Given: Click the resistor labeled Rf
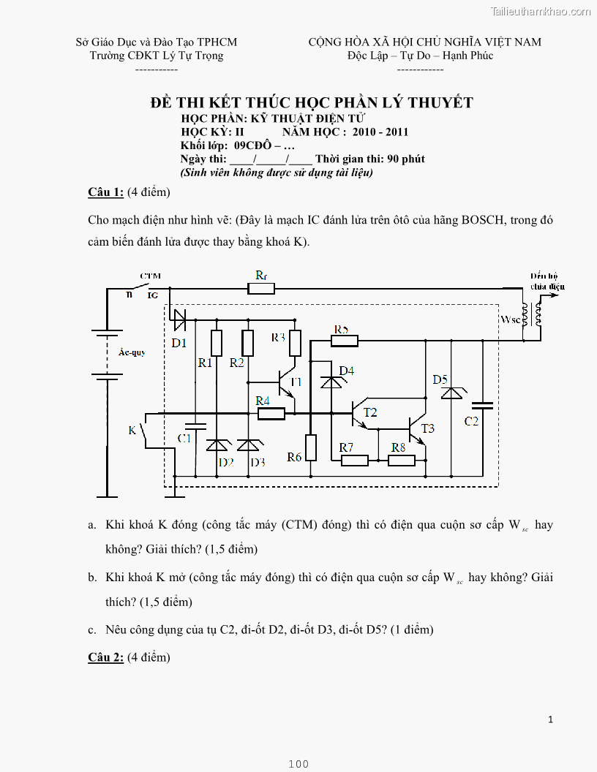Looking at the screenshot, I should pos(261,288).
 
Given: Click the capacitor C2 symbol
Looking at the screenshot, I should pos(482,404).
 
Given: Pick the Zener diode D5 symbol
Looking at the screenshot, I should pos(451,393).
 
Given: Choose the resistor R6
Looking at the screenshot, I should pos(311,447).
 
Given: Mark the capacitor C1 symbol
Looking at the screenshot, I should pos(195,425).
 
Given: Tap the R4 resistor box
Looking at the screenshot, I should pos(271,414).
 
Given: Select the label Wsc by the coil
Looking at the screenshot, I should pos(510,319).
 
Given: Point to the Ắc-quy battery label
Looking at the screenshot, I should pos(132,352).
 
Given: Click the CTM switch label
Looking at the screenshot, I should pos(150,276).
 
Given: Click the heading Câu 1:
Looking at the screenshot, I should pos(105,192).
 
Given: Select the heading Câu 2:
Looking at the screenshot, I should pos(105,657).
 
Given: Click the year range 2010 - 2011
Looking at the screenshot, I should pos(380,132).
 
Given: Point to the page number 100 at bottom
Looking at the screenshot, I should pos(298,764).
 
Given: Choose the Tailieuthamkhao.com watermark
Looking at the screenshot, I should pos(541,11).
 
